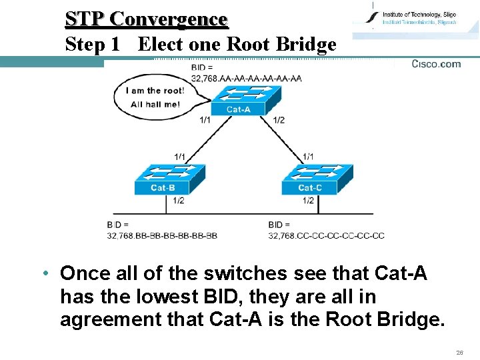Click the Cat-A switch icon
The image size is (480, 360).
pos(238,101)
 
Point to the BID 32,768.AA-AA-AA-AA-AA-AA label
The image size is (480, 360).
pos(246,73)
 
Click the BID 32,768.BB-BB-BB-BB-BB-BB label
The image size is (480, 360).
pos(162,230)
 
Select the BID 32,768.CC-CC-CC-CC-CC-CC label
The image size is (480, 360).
pos(326,230)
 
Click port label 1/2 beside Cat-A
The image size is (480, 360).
pos(279,120)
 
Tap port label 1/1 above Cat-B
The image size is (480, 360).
pos(180,156)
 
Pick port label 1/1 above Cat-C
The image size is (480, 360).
pos(308,156)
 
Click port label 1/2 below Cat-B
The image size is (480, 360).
pos(179,200)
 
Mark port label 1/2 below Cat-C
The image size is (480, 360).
pos(307,200)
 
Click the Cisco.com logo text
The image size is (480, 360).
pos(436,64)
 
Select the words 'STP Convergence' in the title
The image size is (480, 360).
pos(146,19)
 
